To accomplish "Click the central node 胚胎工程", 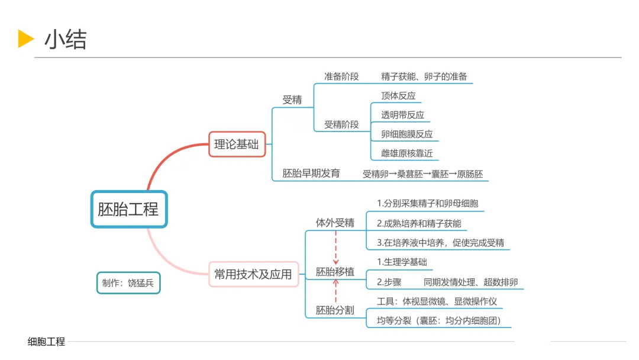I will coord(128,209).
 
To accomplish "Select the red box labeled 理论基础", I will coord(237,144).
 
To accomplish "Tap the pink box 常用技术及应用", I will coord(253,274).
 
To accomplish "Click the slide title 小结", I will coord(65,40).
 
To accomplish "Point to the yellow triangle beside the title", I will coord(26,39).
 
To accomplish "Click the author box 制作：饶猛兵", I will coord(128,283).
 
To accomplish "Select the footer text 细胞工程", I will coord(46,342).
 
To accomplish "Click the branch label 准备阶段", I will coord(341,76).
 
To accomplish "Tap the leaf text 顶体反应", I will coord(398,96).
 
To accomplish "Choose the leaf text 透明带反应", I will coord(402,115).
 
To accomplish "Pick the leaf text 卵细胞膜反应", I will coord(406,134).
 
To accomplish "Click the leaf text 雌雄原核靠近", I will coord(406,153).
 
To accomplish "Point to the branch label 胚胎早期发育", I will coord(311,173).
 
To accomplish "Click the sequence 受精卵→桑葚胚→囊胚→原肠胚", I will coord(422,174).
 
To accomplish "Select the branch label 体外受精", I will coord(335,223).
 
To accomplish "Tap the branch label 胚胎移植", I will coord(335,272).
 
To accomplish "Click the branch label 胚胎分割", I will coord(335,310).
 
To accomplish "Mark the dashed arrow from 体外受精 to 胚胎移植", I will coord(335,247).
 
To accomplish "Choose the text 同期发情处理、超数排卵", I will coord(470,282).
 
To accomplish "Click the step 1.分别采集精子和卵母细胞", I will coord(427,204).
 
